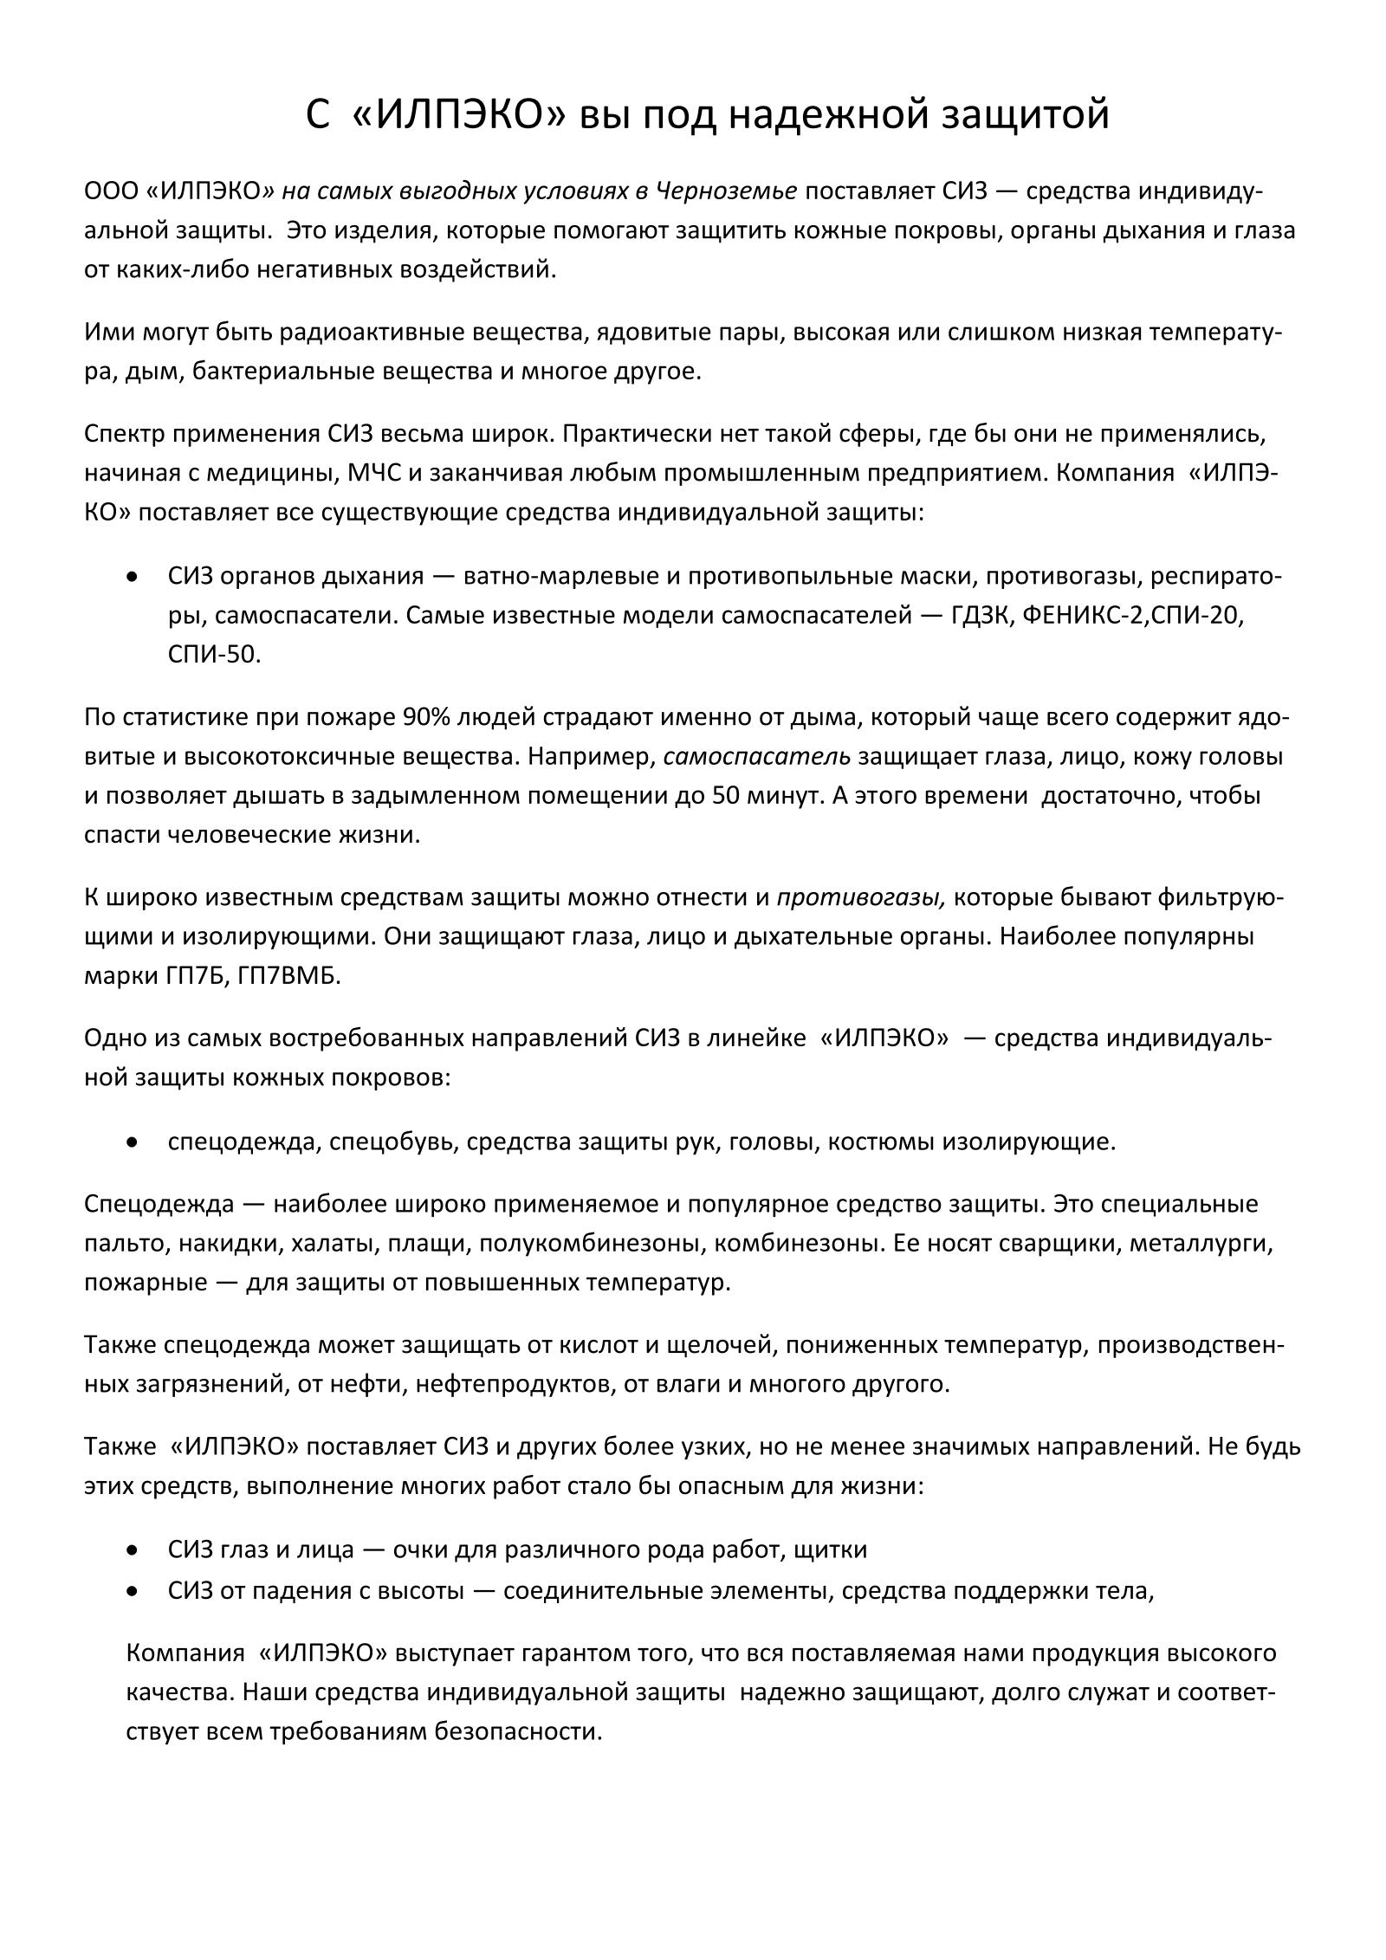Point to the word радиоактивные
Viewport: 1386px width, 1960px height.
point(382,333)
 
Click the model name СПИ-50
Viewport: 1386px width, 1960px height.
point(213,655)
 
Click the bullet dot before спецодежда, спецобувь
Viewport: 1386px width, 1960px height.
point(133,1142)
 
